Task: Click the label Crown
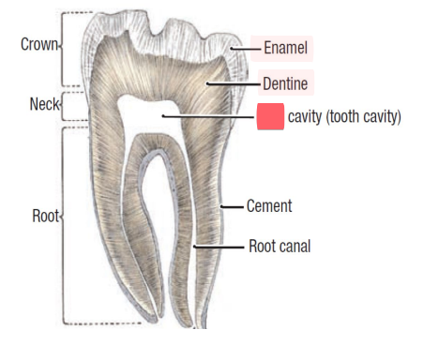[x=38, y=44]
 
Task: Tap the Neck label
[x=42, y=103]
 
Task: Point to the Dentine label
[x=284, y=83]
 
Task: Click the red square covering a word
[x=270, y=117]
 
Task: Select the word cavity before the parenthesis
[x=308, y=117]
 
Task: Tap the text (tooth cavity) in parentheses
[x=369, y=117]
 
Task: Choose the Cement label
[x=269, y=205]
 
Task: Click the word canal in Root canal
[x=294, y=247]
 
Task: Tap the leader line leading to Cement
[x=232, y=205]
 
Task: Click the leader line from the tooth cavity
[x=206, y=116]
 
